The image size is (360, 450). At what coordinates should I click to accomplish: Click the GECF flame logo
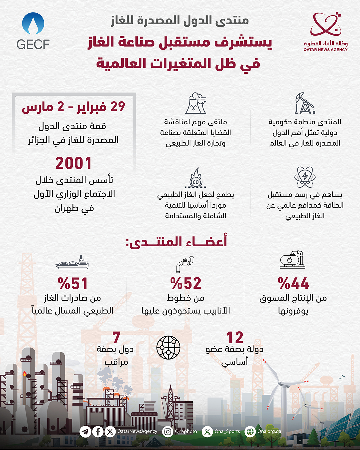pyautogui.click(x=33, y=24)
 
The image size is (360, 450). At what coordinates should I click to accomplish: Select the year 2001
pyautogui.click(x=73, y=163)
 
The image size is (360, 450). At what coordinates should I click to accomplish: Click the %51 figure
pyautogui.click(x=73, y=284)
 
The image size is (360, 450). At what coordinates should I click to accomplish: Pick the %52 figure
pyautogui.click(x=186, y=284)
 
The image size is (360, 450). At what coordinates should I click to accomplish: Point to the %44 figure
pyautogui.click(x=293, y=284)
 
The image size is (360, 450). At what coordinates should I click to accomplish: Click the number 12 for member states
pyautogui.click(x=235, y=338)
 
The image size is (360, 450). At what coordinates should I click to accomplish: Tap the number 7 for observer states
pyautogui.click(x=116, y=338)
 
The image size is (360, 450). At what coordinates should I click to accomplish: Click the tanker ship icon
pyautogui.click(x=72, y=263)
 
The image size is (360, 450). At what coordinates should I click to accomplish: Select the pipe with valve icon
pyautogui.click(x=185, y=264)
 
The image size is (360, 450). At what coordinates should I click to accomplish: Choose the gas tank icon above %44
pyautogui.click(x=292, y=260)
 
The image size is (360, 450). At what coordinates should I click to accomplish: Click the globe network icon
pyautogui.click(x=168, y=348)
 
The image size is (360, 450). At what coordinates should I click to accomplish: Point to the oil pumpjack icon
pyautogui.click(x=305, y=104)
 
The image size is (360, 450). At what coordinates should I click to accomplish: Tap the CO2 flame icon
pyautogui.click(x=196, y=177)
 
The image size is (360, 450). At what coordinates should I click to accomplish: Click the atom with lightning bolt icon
pyautogui.click(x=305, y=177)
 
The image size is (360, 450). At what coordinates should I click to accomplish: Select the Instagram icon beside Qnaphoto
pyautogui.click(x=167, y=432)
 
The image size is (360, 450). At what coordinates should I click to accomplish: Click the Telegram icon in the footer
pyautogui.click(x=85, y=432)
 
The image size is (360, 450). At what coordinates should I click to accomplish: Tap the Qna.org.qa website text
pyautogui.click(x=269, y=431)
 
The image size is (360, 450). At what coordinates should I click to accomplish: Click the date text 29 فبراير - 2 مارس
pyautogui.click(x=73, y=107)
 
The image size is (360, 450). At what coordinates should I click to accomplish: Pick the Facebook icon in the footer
pyautogui.click(x=98, y=432)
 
